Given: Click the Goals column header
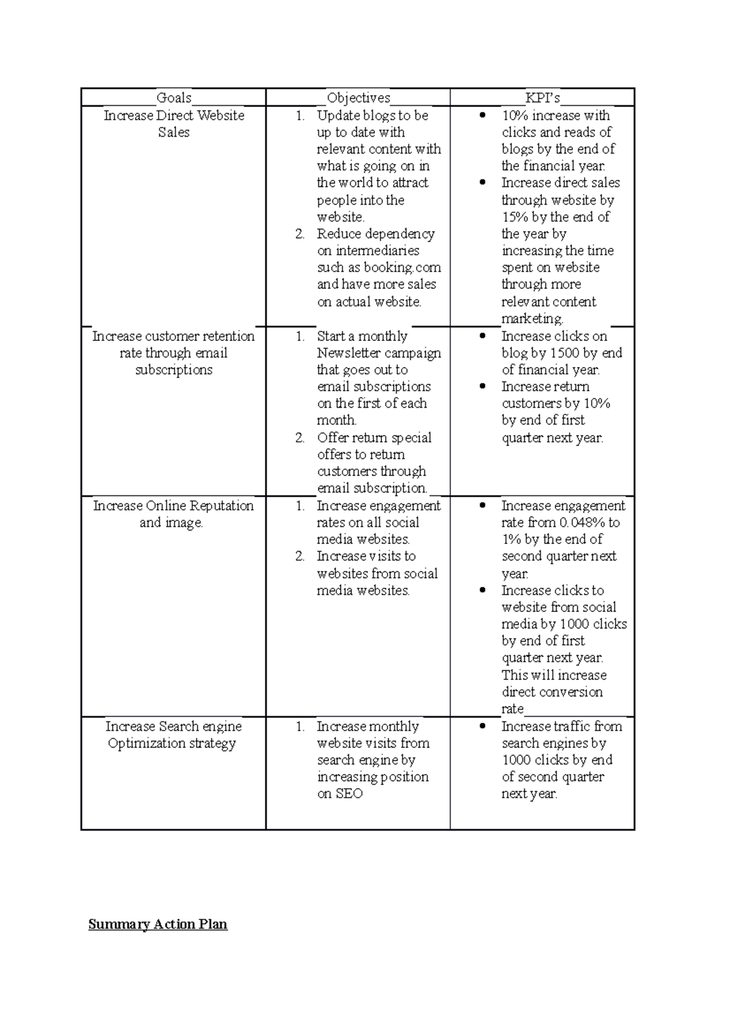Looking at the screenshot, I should click(x=174, y=97).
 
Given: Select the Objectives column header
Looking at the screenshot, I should click(x=358, y=97).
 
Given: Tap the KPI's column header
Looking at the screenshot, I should click(x=543, y=97).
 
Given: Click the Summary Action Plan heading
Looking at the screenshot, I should click(x=158, y=924).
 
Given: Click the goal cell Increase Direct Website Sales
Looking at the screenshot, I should click(x=174, y=124).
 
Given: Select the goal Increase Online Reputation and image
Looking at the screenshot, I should click(x=173, y=514).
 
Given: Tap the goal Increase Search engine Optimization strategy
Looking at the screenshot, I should click(x=173, y=735).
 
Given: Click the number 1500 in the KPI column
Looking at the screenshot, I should click(x=565, y=353).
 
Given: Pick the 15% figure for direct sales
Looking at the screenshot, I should click(x=515, y=217).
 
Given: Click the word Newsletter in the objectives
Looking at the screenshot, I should click(x=348, y=353).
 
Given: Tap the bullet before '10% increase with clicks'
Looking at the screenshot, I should click(x=482, y=115).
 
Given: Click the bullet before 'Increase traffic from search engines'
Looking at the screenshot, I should click(x=482, y=726).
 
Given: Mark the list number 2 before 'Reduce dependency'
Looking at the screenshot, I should click(x=300, y=234).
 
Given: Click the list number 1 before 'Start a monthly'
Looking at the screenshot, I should click(x=300, y=336).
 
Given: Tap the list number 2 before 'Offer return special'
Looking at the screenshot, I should click(x=300, y=438).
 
